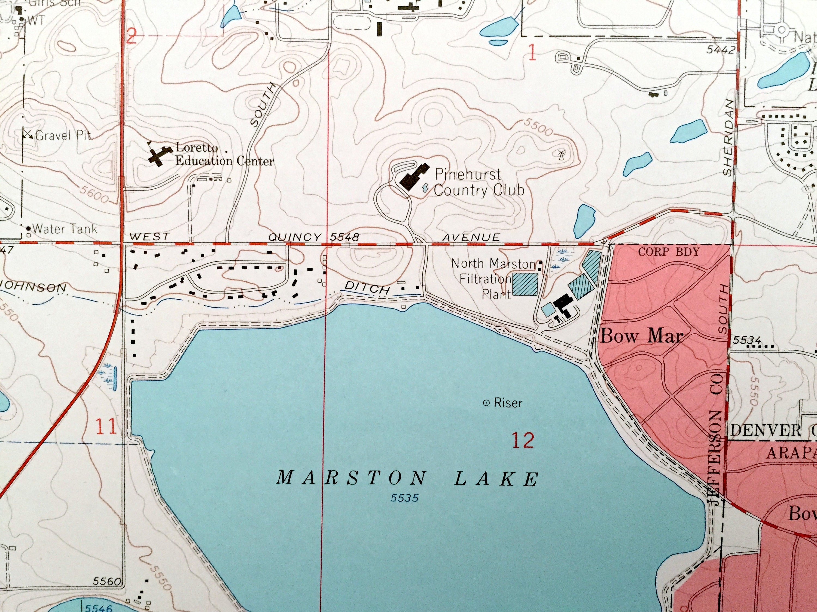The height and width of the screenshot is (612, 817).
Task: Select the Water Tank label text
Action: coord(64,229)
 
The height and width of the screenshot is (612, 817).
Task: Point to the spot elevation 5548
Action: coord(344,237)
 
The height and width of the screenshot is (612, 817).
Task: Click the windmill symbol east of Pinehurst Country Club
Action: coord(561,154)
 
